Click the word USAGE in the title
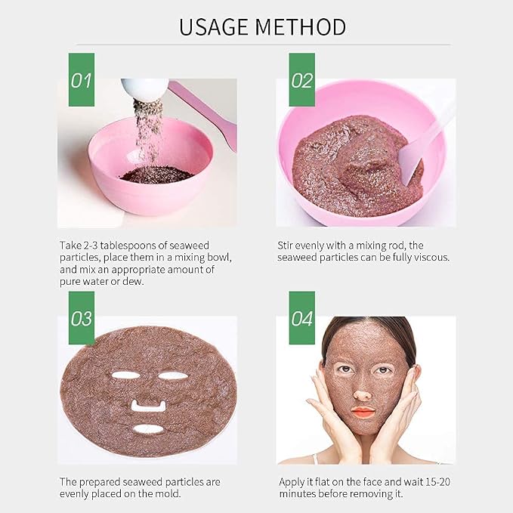coord(213,27)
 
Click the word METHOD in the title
coord(300,27)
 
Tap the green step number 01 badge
coord(82,79)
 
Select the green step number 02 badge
coord(302,79)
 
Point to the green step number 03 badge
coord(82,317)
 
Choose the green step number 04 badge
coord(302,317)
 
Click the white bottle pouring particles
coord(145,88)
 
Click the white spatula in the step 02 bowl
coord(425,144)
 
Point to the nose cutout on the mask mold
coord(147,406)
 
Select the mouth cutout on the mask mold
coord(148,429)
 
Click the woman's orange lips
coord(363,412)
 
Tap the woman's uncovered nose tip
coord(363,395)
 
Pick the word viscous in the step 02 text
coord(431,258)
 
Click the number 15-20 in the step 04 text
coord(437,482)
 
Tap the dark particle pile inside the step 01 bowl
coord(156,174)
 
